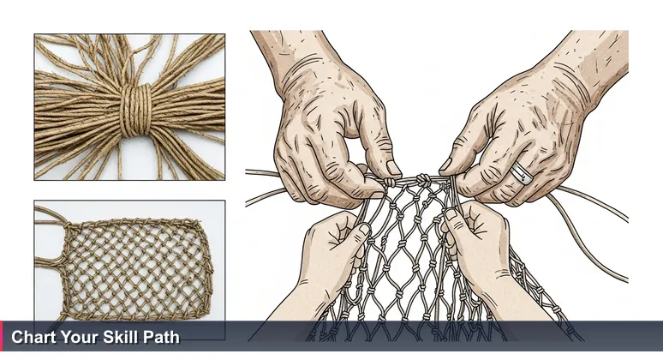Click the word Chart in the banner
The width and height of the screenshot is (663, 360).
pyautogui.click(x=31, y=338)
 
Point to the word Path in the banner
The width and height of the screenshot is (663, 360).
pyautogui.click(x=159, y=338)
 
